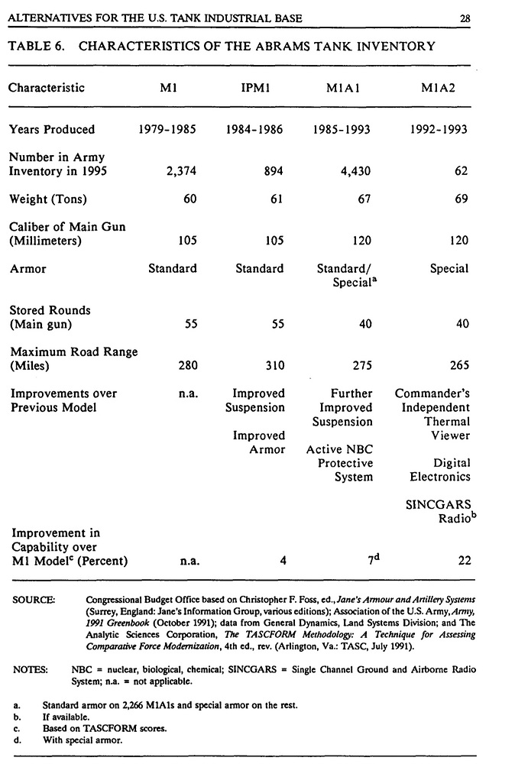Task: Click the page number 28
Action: [465, 18]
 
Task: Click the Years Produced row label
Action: [52, 130]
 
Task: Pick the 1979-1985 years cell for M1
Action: [167, 130]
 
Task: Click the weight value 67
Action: [365, 200]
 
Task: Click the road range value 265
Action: [459, 366]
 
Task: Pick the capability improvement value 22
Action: [462, 561]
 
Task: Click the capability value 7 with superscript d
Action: [366, 560]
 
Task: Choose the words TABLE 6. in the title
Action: [36, 47]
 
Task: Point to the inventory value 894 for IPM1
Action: [274, 172]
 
